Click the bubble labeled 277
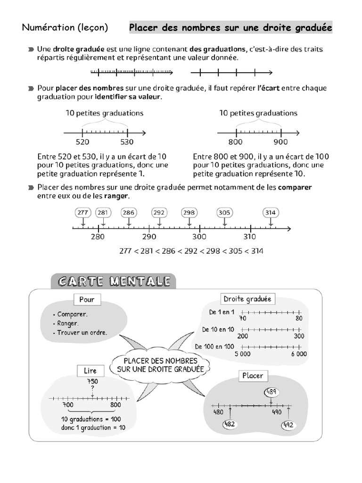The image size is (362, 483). pos(83,213)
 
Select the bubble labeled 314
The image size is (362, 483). pos(270,213)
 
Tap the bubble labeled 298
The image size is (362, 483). pos(189,213)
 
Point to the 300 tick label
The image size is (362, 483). pos(199,236)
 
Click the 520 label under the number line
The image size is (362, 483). pos(82,142)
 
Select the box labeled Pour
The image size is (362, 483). pos(87,300)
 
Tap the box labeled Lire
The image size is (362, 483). pos(90,371)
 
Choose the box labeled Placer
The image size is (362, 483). pos(253,376)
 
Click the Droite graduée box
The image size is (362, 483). pos(247,299)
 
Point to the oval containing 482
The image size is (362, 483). pos(230,425)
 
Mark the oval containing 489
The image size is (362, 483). pos(271,391)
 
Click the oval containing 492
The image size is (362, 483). pos(288,425)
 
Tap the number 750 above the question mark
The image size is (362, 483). pos(92,381)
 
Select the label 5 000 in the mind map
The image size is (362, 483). pos(242,354)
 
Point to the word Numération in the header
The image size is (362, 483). pos(49,28)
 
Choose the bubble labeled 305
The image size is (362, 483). pos(224,213)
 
